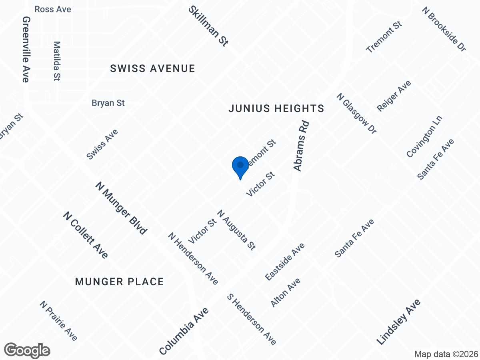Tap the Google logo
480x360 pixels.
pyautogui.click(x=27, y=350)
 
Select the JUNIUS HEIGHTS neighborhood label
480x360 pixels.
pyautogui.click(x=276, y=108)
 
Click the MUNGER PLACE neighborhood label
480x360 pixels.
pyautogui.click(x=120, y=282)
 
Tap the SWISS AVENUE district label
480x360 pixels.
pyautogui.click(x=153, y=69)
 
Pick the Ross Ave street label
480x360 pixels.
pyautogui.click(x=53, y=9)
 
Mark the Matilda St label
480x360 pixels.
pyautogui.click(x=56, y=61)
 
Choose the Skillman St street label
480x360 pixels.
pyautogui.click(x=208, y=26)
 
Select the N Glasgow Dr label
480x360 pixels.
pyautogui.click(x=356, y=114)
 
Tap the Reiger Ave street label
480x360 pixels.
pyautogui.click(x=394, y=96)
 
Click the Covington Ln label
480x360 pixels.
pyautogui.click(x=424, y=136)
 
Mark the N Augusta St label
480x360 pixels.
pyautogui.click(x=236, y=230)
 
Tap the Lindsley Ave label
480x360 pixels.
pyautogui.click(x=398, y=322)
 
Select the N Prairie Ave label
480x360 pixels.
pyautogui.click(x=58, y=321)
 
